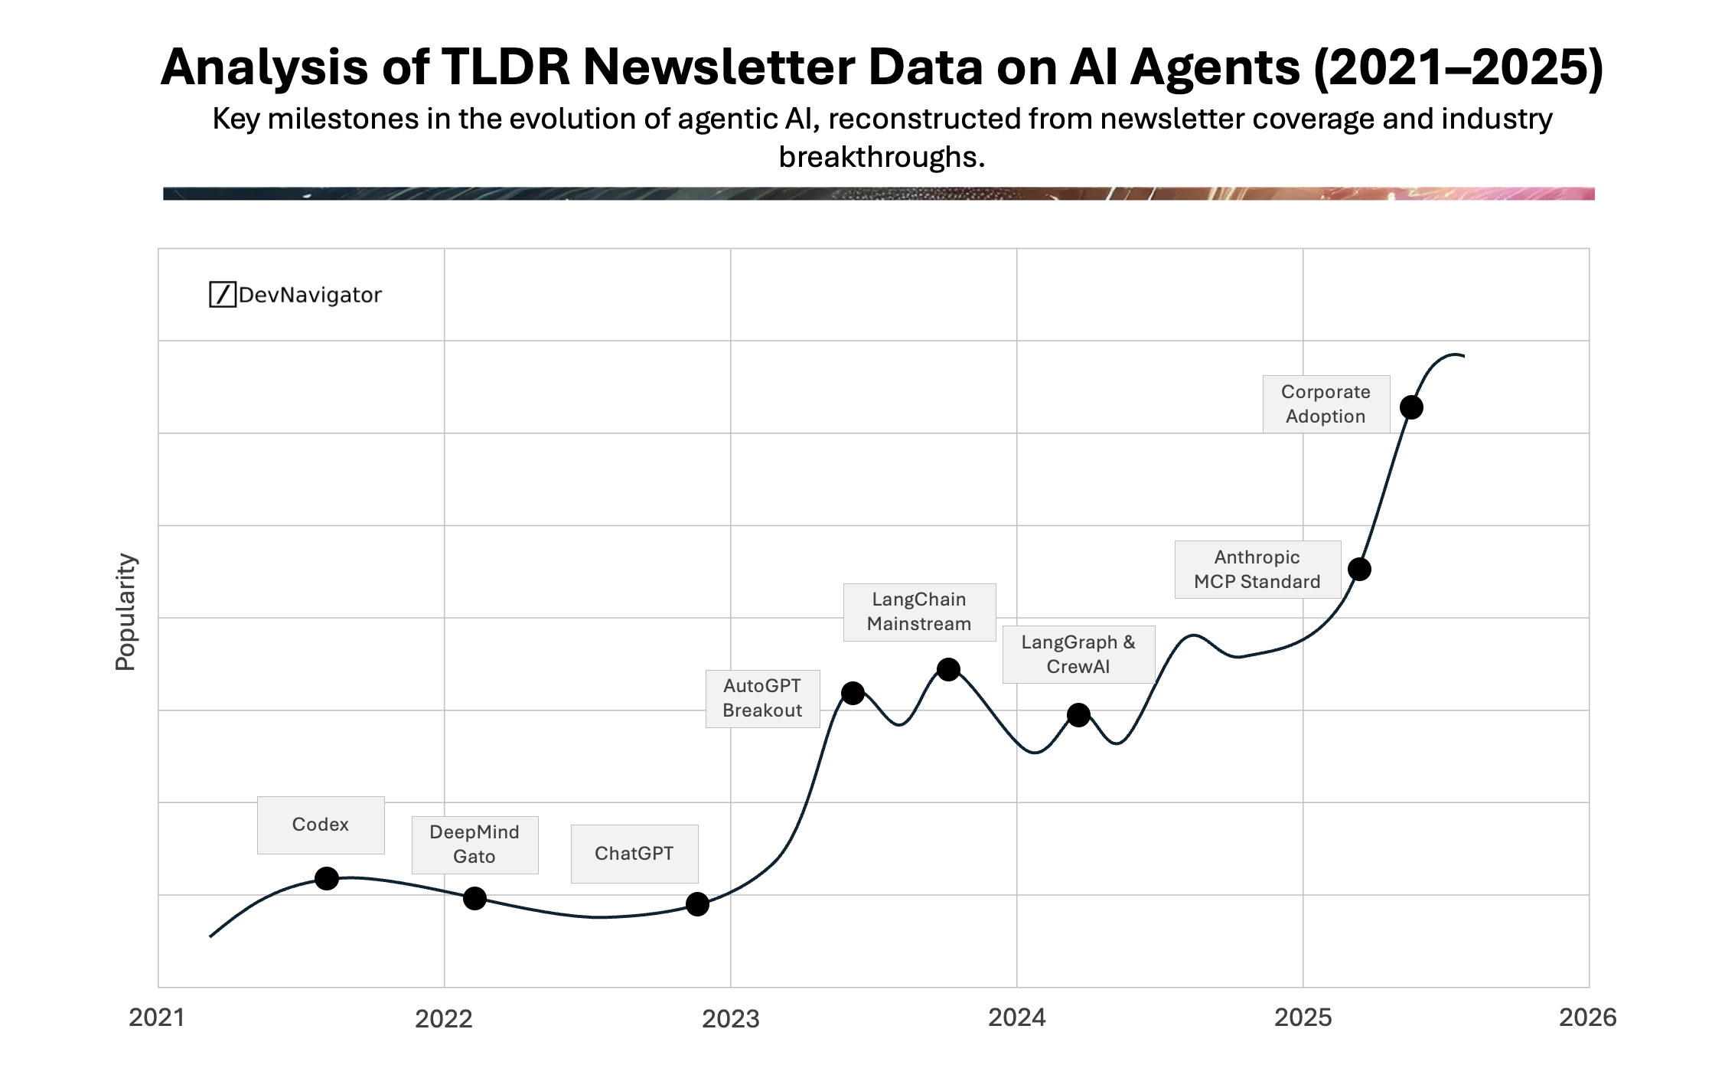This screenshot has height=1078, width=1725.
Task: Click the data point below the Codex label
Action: point(327,878)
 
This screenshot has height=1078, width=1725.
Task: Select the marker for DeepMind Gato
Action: point(474,898)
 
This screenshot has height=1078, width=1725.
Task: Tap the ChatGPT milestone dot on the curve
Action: point(697,904)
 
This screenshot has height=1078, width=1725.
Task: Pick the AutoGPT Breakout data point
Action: point(853,693)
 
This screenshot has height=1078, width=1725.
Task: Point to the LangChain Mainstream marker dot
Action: point(948,669)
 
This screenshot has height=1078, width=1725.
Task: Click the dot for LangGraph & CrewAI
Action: point(1078,715)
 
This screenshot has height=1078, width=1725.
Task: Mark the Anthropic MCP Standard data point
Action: point(1359,569)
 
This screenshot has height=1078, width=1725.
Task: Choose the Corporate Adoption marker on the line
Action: point(1411,407)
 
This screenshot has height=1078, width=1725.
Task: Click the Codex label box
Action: point(321,825)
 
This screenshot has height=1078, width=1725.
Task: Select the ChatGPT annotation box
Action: point(634,854)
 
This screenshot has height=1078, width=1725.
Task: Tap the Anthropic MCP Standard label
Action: point(1257,570)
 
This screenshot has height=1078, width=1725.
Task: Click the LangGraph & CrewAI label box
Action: point(1078,655)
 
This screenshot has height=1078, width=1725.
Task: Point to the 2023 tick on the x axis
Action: point(731,1018)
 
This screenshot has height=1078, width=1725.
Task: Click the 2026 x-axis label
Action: point(1587,1018)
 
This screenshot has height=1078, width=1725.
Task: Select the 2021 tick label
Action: point(157,1018)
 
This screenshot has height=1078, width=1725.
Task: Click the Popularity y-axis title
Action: point(126,612)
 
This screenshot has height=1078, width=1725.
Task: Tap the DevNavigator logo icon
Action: point(222,295)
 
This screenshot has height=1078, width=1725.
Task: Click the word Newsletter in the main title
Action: point(719,67)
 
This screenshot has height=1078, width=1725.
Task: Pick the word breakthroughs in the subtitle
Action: point(882,157)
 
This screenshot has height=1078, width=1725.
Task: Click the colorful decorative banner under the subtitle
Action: point(879,194)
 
